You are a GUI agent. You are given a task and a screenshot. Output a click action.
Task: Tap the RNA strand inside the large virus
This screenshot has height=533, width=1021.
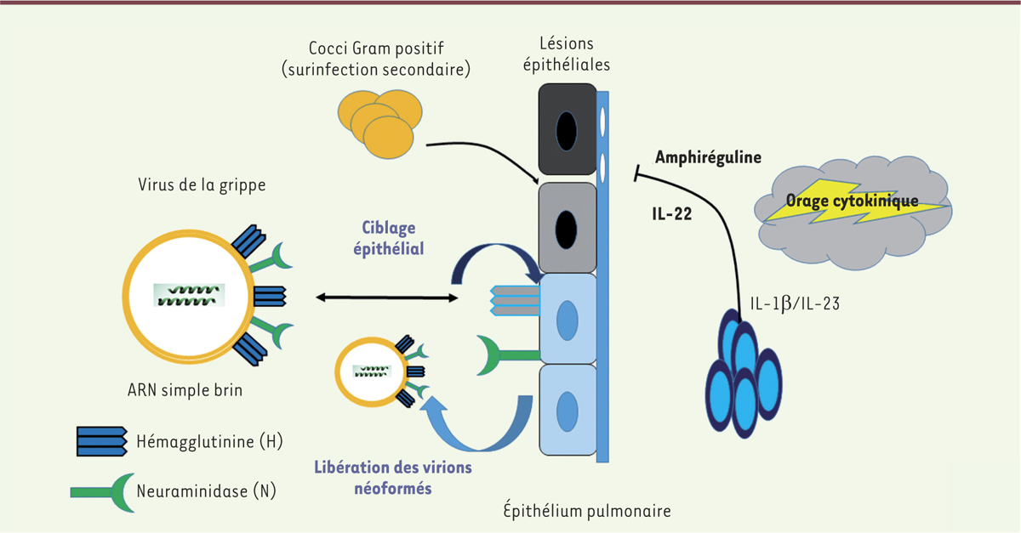[x=190, y=295]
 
